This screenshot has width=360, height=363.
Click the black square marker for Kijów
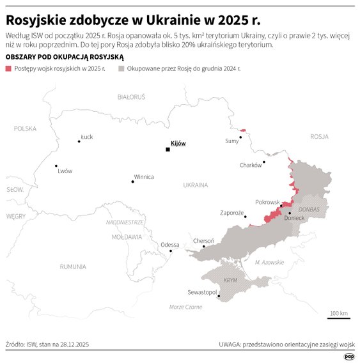168,150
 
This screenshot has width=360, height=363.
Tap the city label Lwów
65,171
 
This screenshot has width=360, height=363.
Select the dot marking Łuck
79,141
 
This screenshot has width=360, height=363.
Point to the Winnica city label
143,177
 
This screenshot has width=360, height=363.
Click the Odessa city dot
171,251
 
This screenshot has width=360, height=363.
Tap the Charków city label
250,165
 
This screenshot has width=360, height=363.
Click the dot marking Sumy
241,137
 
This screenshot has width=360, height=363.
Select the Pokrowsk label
267,201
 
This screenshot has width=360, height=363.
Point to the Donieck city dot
290,213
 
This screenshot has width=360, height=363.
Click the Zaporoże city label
231,213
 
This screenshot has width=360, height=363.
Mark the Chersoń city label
203,241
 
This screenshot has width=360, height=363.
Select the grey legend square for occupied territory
120,67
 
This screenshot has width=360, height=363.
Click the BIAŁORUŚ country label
131,97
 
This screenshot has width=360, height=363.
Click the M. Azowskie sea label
269,263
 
